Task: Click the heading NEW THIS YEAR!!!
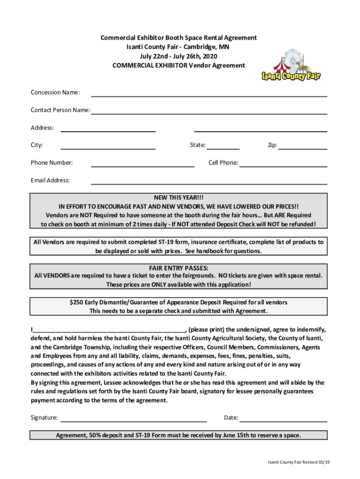pos(179,197)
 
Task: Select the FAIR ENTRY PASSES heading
pos(179,268)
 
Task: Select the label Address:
pos(42,128)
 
